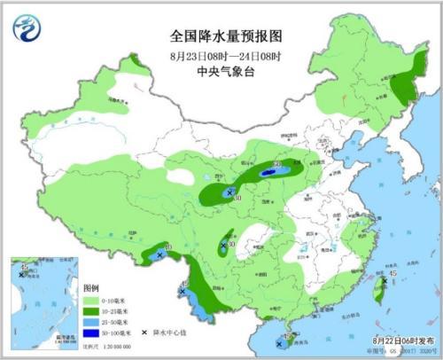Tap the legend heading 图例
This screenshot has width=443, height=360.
coord(90,290)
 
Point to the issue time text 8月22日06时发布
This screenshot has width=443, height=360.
coord(399,340)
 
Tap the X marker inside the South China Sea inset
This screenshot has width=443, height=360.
coord(21,275)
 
